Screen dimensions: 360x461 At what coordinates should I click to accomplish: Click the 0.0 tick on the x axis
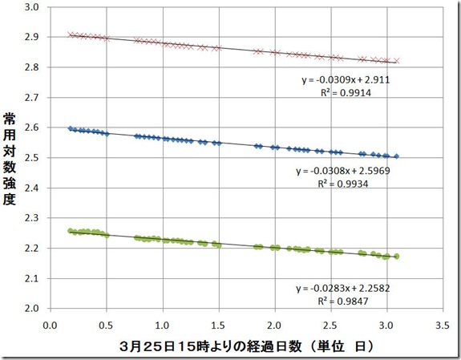(50, 326)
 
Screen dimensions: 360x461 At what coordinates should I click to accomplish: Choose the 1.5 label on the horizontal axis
(219, 326)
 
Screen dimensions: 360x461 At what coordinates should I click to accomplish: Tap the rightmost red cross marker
(397, 61)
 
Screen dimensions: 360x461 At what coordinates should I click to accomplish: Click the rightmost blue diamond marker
(397, 156)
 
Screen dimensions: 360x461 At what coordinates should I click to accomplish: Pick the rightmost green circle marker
(397, 257)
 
